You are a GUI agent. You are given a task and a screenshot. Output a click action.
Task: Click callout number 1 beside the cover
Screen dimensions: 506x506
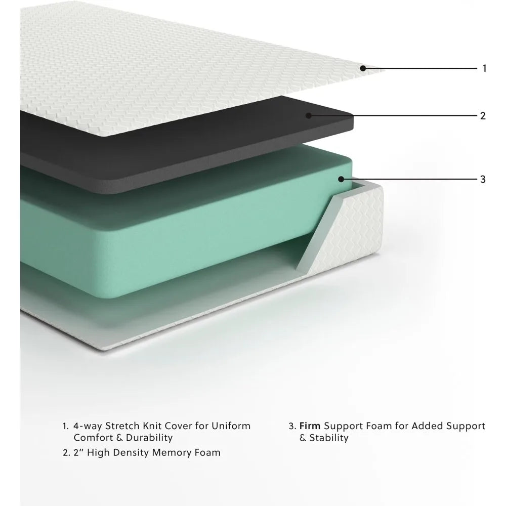(x=484, y=68)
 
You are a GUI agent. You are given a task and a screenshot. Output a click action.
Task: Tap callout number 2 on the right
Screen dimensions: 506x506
(x=483, y=115)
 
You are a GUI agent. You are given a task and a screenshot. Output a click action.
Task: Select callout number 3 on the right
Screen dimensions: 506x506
(x=483, y=179)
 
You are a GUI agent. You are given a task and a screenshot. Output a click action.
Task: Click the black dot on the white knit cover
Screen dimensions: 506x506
(x=363, y=68)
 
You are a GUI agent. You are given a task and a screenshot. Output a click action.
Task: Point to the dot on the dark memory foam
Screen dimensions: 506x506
(x=309, y=115)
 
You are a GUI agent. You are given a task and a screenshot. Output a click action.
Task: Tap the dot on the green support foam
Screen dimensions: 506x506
(x=341, y=179)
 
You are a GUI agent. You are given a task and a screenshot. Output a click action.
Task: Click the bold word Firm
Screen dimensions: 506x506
(x=310, y=426)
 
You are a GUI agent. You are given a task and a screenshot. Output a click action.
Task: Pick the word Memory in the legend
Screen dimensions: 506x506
(x=172, y=453)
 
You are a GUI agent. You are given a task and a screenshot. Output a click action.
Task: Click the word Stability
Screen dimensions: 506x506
(x=329, y=438)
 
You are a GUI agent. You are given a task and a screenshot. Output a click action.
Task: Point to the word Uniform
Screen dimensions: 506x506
(x=231, y=426)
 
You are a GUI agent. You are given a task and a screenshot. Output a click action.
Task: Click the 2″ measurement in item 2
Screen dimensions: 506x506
(x=78, y=452)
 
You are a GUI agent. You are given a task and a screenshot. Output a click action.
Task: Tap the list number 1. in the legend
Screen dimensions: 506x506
(x=66, y=426)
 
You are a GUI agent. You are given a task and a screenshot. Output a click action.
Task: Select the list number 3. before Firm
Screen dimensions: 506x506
(x=292, y=426)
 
